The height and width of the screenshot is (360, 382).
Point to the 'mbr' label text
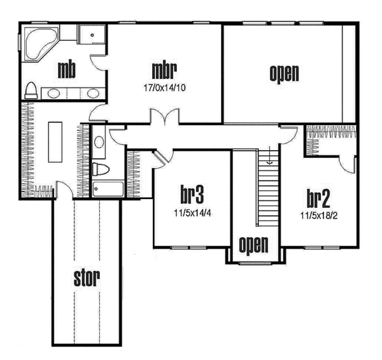(164, 68)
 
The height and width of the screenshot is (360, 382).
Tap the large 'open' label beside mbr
(284, 73)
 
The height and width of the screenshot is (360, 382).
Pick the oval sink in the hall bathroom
(99, 142)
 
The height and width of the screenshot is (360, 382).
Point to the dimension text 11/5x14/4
(192, 212)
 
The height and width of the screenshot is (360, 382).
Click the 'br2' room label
(317, 198)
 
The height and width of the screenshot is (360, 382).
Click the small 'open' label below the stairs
(253, 244)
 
